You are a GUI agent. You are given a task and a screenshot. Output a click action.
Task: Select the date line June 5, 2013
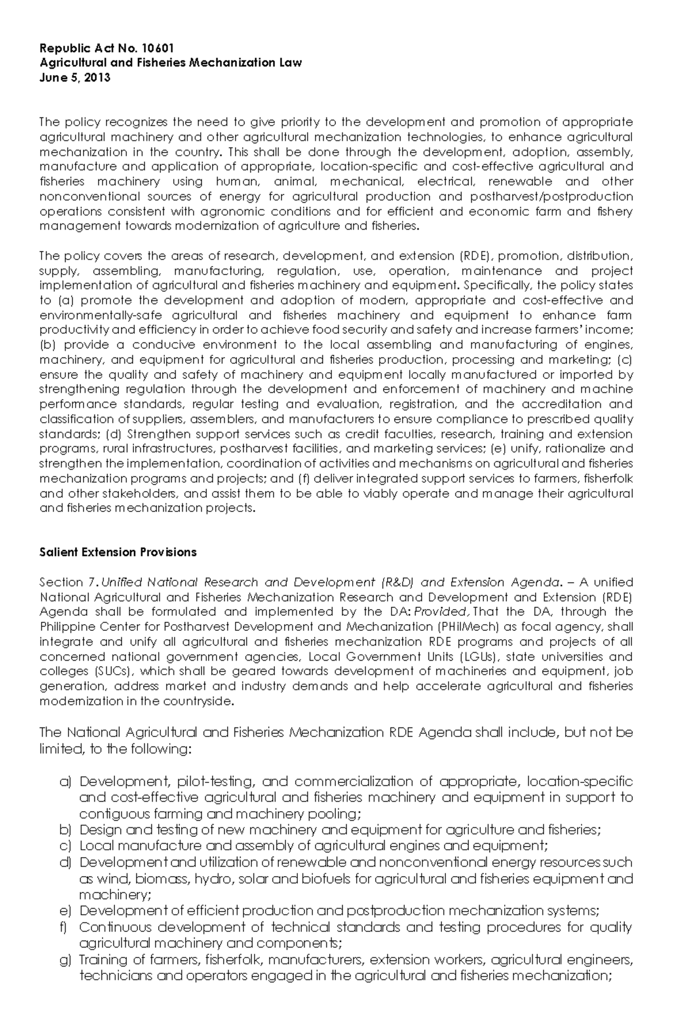point(75,77)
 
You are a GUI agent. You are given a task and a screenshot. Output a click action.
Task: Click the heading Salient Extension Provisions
point(118,552)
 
